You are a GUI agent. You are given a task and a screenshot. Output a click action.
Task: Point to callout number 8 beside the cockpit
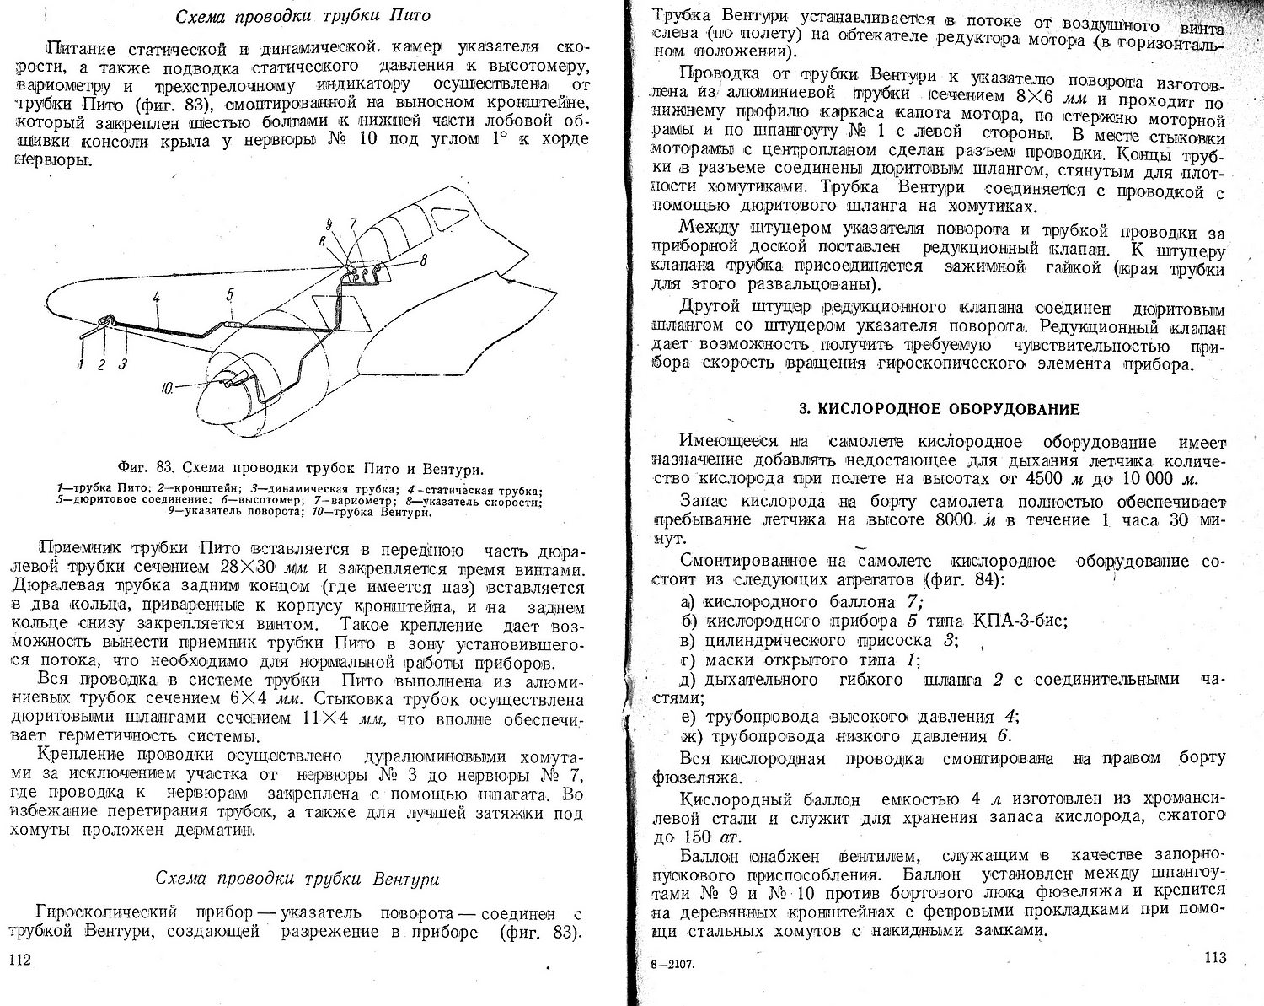424,261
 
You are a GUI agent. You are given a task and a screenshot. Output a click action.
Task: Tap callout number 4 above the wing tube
156,297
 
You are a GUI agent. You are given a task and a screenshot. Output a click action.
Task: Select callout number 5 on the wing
229,293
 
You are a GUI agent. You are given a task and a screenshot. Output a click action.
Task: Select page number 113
1215,958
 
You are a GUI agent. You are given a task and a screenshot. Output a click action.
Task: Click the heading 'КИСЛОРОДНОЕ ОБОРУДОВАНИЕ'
939,410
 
